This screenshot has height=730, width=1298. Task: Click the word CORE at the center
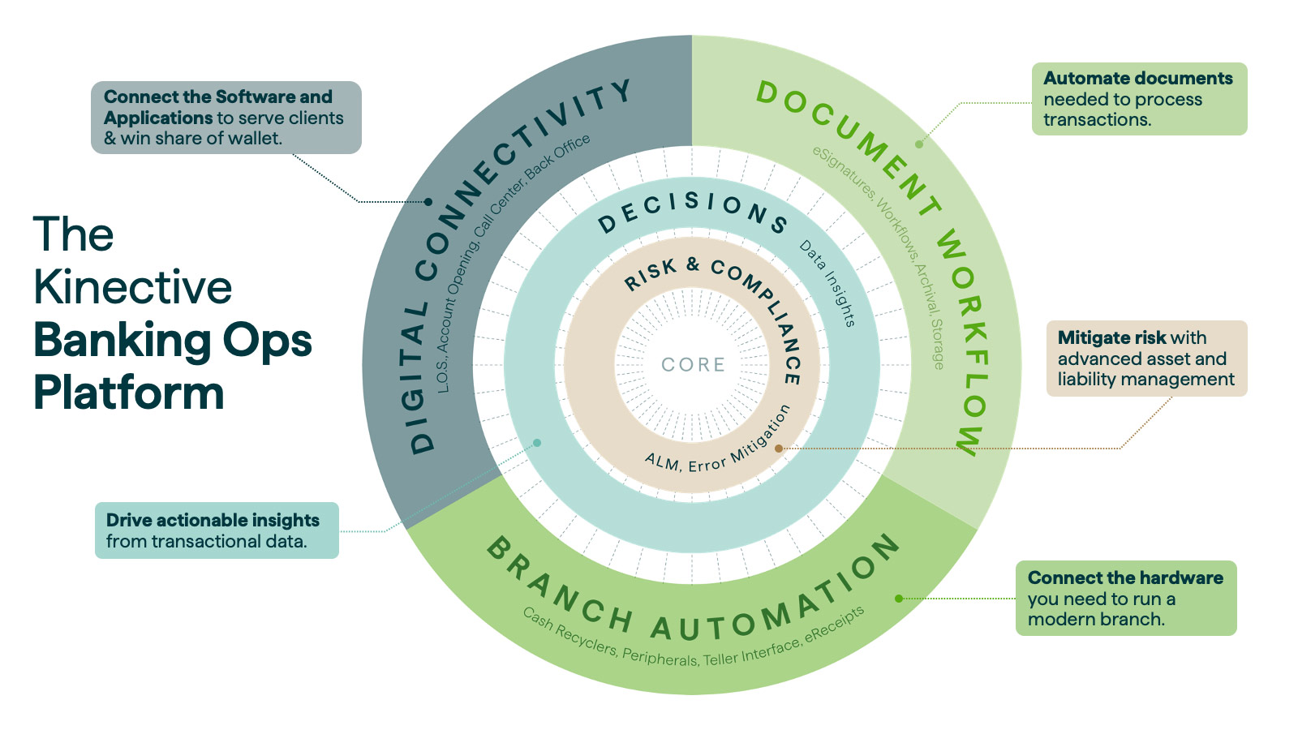click(x=693, y=365)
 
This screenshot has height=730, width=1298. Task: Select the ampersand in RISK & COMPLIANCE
click(x=692, y=264)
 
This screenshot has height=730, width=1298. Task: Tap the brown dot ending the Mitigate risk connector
click(x=779, y=448)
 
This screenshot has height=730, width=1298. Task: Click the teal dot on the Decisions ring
click(x=537, y=443)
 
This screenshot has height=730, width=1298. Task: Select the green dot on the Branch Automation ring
click(x=899, y=599)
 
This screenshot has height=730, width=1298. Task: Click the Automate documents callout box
click(x=1139, y=99)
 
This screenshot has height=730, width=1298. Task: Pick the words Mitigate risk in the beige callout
click(x=1111, y=338)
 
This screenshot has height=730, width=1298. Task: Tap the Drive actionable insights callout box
click(x=217, y=530)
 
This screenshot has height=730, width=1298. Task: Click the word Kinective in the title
click(x=133, y=288)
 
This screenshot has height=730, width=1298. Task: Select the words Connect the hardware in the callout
click(x=1125, y=578)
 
